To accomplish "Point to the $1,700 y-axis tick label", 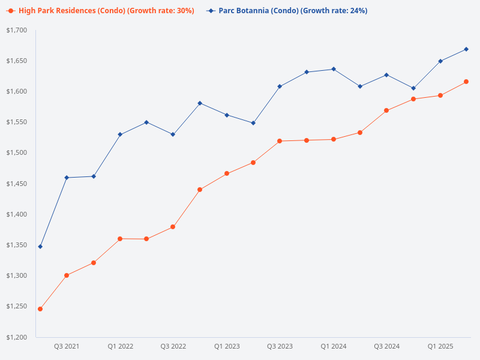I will [x=17, y=30].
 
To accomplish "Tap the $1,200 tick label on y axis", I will [x=17, y=337].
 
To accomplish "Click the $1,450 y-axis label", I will [x=17, y=184].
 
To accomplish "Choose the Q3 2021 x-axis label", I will [x=67, y=346].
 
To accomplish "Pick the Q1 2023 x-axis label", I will [x=227, y=346].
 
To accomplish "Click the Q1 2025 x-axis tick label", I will [x=440, y=346].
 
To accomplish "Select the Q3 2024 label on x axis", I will [x=387, y=346].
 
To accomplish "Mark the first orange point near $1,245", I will [x=40, y=309].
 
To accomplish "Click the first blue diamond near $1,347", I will [x=40, y=247].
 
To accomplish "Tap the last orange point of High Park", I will [x=467, y=82].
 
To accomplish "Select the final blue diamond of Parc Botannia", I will [x=467, y=49].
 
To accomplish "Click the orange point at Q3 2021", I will [x=67, y=275].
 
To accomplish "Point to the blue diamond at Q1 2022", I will [x=120, y=134].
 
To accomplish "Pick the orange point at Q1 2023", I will [x=227, y=173].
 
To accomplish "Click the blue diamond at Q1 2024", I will [x=334, y=69].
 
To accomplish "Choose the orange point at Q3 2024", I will [x=387, y=110].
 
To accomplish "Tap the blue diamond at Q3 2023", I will [x=280, y=86].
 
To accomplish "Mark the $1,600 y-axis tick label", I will [x=17, y=91].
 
